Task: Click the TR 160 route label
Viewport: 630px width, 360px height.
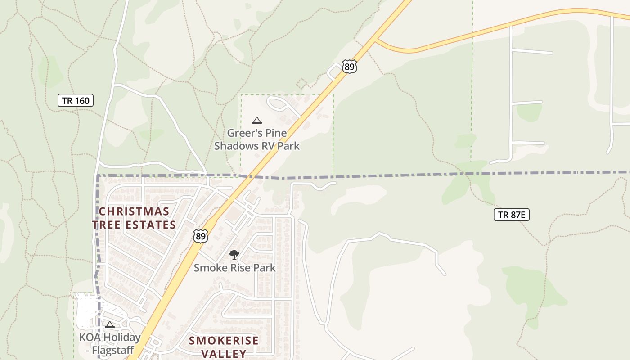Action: point(76,100)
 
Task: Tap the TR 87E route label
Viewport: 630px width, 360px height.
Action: point(511,215)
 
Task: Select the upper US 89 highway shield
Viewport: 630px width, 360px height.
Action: point(349,67)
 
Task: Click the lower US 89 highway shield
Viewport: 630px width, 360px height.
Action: point(201,236)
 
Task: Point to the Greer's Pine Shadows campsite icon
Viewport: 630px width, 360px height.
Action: point(256,120)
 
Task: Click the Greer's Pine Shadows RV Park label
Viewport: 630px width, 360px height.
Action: point(256,139)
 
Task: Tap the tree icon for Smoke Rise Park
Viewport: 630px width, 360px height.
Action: point(234,255)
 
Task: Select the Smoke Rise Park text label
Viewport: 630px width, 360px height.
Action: point(234,268)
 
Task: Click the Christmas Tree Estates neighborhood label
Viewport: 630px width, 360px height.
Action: point(134,218)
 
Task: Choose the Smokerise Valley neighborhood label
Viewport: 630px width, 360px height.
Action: point(224,347)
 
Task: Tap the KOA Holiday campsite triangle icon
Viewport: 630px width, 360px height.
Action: point(110,324)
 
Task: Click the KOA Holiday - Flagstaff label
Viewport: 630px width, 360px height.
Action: point(110,343)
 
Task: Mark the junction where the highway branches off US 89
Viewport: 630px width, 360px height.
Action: point(376,40)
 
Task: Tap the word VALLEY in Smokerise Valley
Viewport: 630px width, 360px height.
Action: point(224,354)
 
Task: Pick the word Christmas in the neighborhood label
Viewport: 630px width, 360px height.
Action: point(134,211)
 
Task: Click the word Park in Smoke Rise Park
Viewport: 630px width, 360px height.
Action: point(264,268)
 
